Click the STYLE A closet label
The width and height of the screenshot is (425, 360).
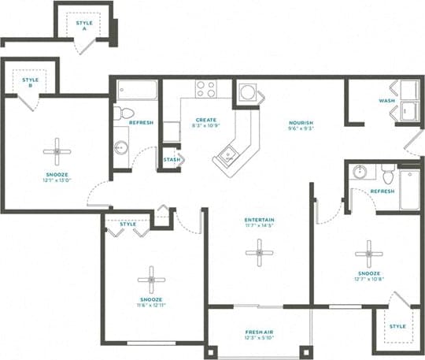(84, 24)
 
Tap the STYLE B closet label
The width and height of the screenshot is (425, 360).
(31, 80)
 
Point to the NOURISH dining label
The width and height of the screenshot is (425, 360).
(301, 123)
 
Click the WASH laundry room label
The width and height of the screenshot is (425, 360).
(386, 101)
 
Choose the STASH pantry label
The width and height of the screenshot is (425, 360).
(172, 160)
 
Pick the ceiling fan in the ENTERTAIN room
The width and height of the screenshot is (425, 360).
(257, 252)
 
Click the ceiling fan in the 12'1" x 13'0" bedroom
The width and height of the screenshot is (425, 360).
(56, 151)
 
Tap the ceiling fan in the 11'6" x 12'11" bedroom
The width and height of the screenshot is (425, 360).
(150, 279)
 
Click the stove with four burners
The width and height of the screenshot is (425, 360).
(206, 89)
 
